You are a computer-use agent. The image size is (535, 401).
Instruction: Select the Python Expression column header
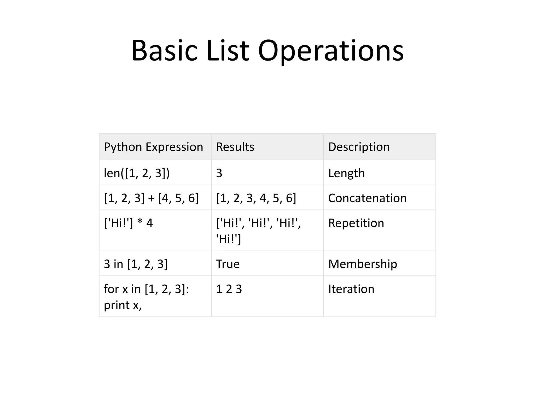[x=153, y=147]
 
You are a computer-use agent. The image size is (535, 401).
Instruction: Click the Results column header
[x=235, y=147]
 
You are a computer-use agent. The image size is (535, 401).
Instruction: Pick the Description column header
[x=359, y=147]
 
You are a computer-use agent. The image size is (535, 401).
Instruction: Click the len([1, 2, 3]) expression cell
[x=137, y=173]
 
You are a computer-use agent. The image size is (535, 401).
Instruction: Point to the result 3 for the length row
[x=219, y=173]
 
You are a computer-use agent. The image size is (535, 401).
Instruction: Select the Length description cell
[x=346, y=173]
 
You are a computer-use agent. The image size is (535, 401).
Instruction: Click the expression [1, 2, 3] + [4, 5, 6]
[x=151, y=198]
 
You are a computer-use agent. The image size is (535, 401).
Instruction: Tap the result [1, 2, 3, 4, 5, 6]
[x=256, y=198]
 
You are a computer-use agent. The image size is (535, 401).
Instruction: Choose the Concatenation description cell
[x=367, y=198]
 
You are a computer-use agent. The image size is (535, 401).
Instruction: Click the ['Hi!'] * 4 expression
[x=128, y=223]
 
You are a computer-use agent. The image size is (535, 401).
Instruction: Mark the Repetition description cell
[x=356, y=223]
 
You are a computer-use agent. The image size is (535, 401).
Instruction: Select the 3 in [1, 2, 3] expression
[x=136, y=264]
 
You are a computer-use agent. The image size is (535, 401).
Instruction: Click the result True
[x=228, y=264]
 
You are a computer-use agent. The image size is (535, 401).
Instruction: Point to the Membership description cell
[x=363, y=264]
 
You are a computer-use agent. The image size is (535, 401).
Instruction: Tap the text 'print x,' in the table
[x=123, y=305]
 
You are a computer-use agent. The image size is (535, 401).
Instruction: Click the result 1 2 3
[x=229, y=289]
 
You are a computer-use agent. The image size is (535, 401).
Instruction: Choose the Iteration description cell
[x=351, y=289]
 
